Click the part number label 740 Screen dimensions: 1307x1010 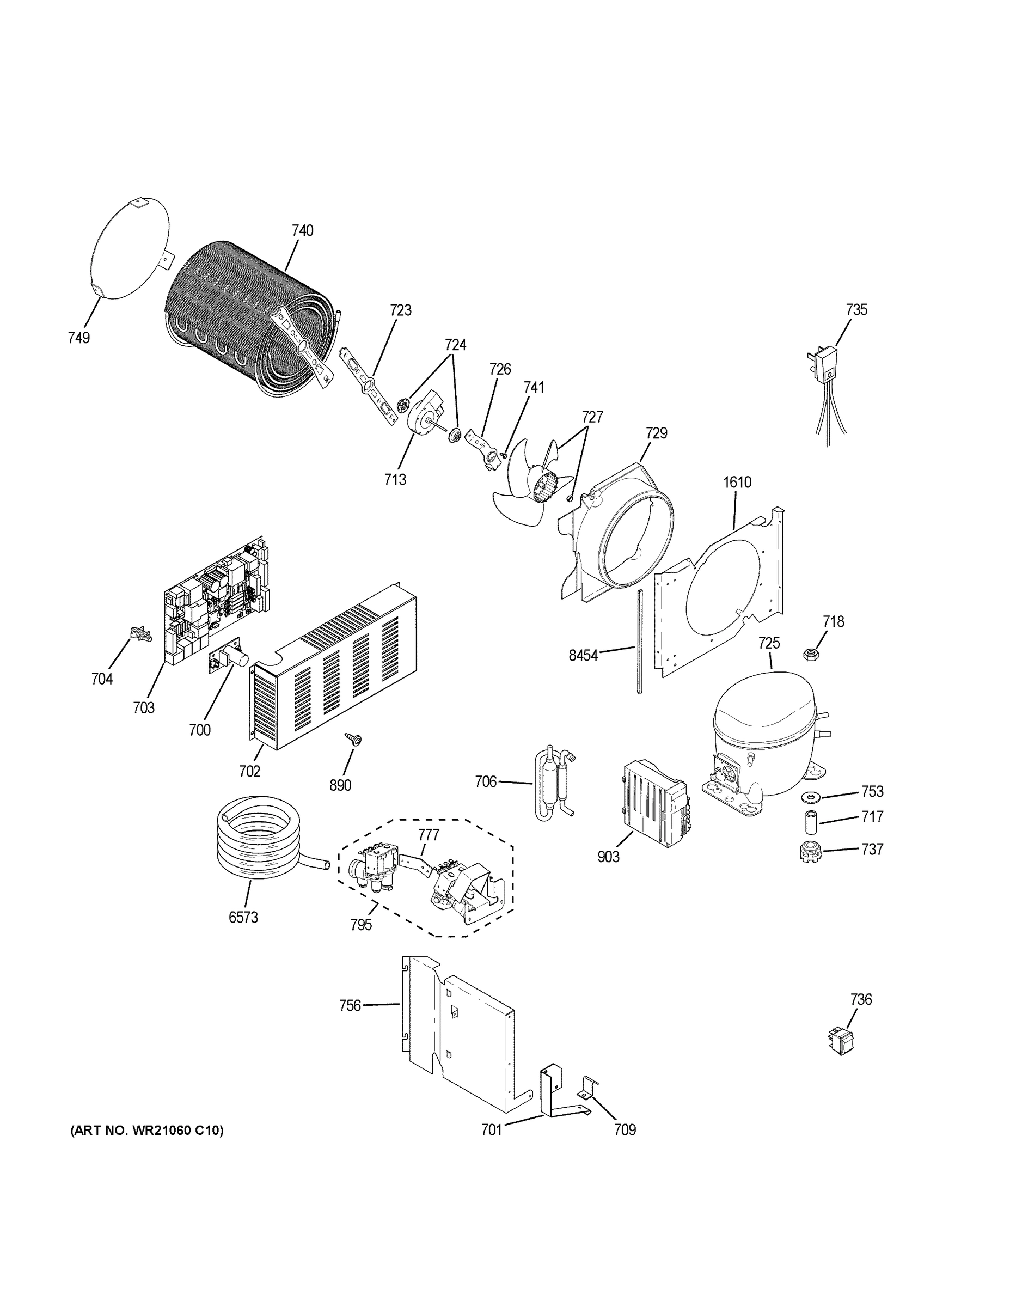tap(302, 230)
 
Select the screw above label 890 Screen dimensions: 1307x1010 tap(351, 740)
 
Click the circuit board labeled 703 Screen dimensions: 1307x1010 tap(216, 598)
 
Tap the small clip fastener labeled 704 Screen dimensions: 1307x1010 tap(138, 633)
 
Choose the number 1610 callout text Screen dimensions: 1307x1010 tap(737, 482)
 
